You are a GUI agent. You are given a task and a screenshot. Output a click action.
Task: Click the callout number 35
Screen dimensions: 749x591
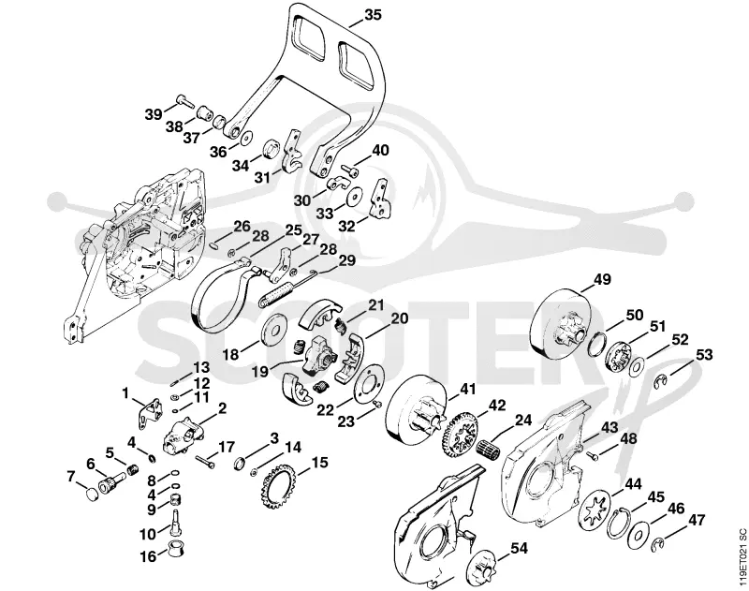point(373,15)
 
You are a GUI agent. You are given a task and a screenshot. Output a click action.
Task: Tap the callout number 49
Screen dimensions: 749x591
point(602,279)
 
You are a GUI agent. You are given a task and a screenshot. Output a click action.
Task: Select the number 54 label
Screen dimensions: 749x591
point(519,549)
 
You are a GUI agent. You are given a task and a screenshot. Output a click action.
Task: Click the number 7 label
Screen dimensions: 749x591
point(71,477)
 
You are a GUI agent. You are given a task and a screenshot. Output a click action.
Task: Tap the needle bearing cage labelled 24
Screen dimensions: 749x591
point(488,451)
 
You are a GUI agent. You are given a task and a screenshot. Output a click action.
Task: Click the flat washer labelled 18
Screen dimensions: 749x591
point(273,329)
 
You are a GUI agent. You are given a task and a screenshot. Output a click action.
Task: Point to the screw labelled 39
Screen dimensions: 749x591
point(184,100)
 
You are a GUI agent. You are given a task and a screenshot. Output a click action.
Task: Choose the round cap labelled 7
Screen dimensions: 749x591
point(92,494)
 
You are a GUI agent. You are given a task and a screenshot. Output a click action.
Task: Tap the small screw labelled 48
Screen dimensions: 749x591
point(593,457)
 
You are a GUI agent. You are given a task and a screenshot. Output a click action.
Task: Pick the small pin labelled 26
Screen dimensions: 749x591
point(214,244)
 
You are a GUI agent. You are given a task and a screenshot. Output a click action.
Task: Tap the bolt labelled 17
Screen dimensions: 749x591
point(204,462)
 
